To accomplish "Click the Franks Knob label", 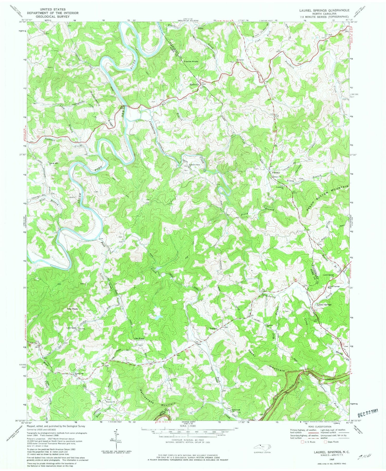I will coord(191,62).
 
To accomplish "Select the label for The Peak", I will coord(72,309).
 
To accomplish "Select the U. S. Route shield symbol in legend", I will coord(302,442).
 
